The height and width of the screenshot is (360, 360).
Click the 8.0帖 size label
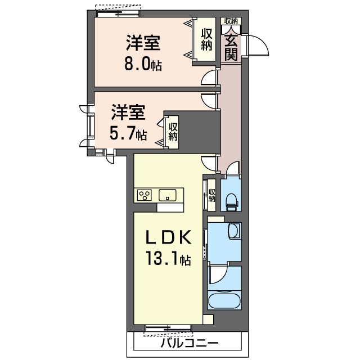tap(143, 64)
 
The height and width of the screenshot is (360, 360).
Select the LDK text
tap(169, 237)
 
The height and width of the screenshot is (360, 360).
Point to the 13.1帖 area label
tap(169, 258)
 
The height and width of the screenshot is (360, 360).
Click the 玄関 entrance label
tap(231, 48)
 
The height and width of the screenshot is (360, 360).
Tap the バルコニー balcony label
tap(189, 344)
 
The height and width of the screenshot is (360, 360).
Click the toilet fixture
tap(232, 201)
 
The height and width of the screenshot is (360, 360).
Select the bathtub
tap(224, 301)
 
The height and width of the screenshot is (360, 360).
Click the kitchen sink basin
tap(168, 195)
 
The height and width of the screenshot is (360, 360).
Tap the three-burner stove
tap(145, 195)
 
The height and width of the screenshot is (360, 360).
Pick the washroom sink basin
tap(234, 230)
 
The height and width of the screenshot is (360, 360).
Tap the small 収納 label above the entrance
tap(231, 21)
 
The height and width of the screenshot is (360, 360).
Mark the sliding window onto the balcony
tap(168, 328)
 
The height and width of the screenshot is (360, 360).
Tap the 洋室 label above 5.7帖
tap(128, 112)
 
